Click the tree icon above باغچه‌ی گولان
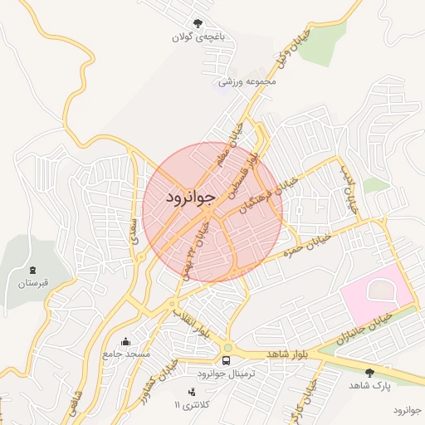tap(197, 23)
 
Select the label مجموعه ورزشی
tap(247, 81)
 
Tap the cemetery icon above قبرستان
tap(33, 271)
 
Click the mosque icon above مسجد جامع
tap(125, 341)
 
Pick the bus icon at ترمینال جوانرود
tap(226, 360)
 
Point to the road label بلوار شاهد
tap(288, 354)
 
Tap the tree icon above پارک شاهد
tap(369, 373)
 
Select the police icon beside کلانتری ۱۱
tap(193, 391)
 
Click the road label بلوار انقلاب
tap(190, 323)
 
